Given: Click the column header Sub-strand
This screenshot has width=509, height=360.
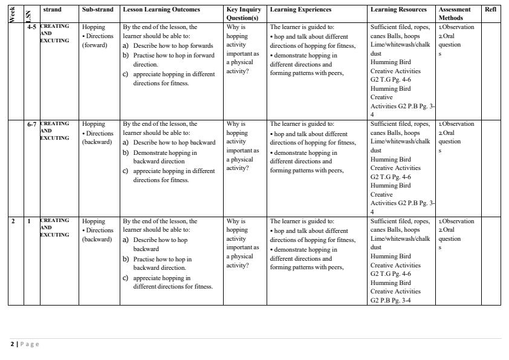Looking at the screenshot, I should coord(97,10).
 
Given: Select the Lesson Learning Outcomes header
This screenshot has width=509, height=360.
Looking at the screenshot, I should coord(161,10).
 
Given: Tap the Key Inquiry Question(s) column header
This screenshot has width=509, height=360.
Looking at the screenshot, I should coord(244,14).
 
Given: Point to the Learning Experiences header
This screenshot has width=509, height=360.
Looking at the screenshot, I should coord(300,10).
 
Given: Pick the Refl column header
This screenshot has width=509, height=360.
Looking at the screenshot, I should coord(490,10).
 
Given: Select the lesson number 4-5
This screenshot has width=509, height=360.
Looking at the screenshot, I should coord(31,27).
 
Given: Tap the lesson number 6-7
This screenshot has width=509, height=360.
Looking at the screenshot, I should coord(31,124).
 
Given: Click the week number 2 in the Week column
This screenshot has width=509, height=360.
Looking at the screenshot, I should coord(13,221).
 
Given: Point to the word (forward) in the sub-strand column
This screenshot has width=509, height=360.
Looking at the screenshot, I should coord(95,45).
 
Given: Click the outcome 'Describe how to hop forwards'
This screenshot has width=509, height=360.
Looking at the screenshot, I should coord(173,46).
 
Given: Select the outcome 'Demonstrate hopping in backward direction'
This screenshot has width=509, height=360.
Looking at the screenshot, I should coord(164,157).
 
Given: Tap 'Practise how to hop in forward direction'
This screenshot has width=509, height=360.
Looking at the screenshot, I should coord(173,60).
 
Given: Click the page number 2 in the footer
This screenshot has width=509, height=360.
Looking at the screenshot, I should coord(12,344).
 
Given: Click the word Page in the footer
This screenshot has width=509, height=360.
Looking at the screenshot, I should coord(30,344).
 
